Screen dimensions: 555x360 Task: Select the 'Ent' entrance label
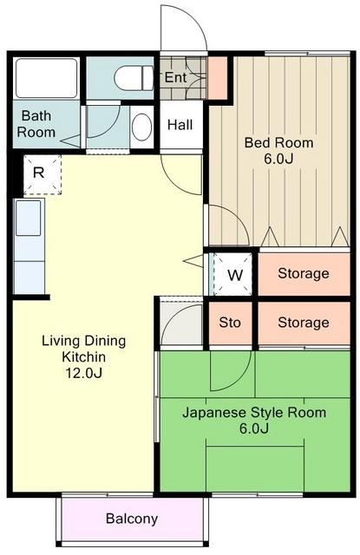[x=175, y=77]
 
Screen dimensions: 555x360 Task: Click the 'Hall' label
[x=180, y=125]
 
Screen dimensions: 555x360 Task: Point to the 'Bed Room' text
[x=278, y=142]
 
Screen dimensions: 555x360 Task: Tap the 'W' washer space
[x=234, y=275]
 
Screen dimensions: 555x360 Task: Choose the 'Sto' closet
[x=229, y=323]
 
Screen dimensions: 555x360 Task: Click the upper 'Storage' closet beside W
[x=303, y=274]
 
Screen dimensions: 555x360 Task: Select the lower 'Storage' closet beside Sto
[x=303, y=323]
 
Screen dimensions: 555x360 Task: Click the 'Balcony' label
[x=132, y=519]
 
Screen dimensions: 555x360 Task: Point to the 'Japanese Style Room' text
[x=254, y=412]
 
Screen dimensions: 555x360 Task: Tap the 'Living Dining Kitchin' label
[x=83, y=348]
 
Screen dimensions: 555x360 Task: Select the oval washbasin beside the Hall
[x=141, y=127]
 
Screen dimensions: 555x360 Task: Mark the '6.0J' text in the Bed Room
[x=278, y=159]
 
